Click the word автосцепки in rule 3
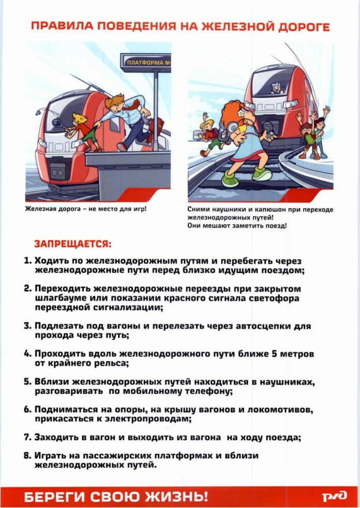tap(266, 326)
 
